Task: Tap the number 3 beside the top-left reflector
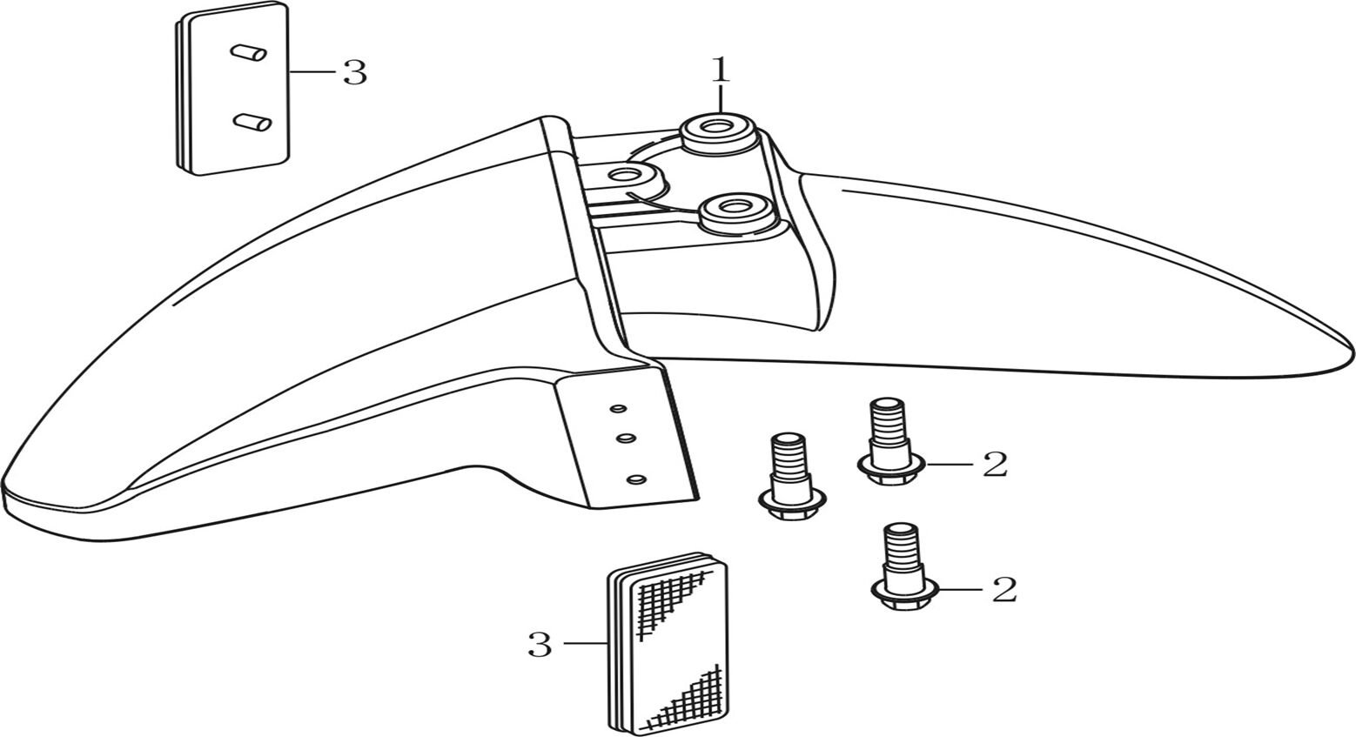point(354,72)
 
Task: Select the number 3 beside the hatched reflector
point(540,645)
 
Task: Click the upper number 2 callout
point(994,465)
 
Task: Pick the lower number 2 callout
point(1004,590)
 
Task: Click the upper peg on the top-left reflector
point(248,53)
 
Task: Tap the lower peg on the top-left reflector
point(252,123)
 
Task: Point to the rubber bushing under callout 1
point(718,131)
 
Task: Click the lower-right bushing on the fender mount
point(729,211)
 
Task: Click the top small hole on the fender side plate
point(618,406)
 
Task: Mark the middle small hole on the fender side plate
point(624,439)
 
